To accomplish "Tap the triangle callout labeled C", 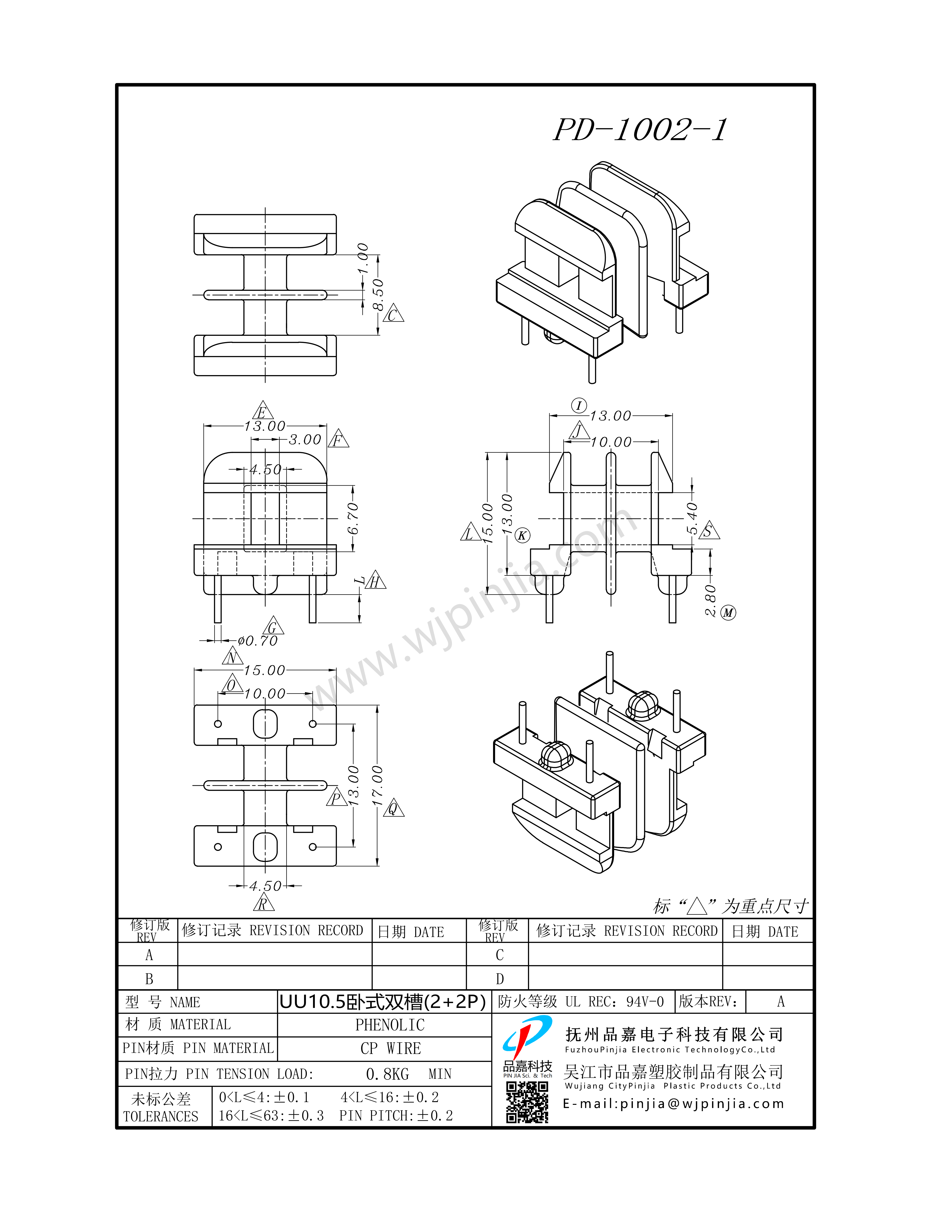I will (x=393, y=314).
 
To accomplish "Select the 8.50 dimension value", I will (x=378, y=295).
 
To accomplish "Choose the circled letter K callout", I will (x=522, y=536).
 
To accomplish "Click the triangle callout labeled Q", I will (x=393, y=808).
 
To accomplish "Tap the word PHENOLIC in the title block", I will (x=390, y=1025).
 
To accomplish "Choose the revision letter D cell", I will (x=500, y=979).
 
